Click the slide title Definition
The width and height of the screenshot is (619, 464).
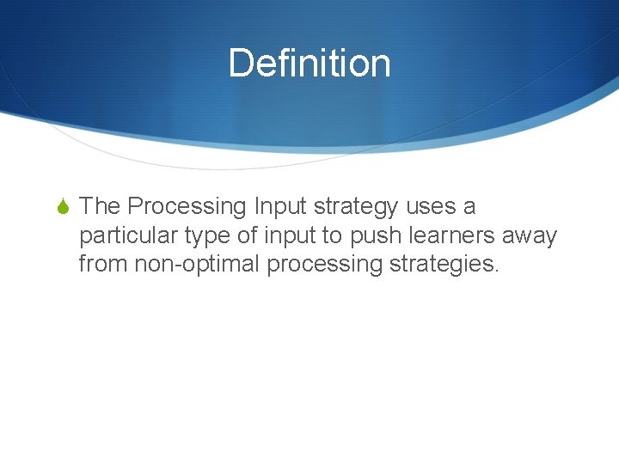[x=309, y=64]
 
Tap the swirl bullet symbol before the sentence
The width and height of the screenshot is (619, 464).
[x=64, y=207]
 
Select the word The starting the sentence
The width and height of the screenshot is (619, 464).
[x=100, y=207]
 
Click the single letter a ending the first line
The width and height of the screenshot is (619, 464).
[x=469, y=207]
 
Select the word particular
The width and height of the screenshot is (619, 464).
[x=128, y=235]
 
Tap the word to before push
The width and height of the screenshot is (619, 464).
[x=332, y=235]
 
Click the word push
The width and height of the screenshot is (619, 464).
[x=371, y=235]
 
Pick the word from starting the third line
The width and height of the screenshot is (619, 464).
[x=103, y=264]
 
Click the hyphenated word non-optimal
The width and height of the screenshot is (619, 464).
[x=197, y=264]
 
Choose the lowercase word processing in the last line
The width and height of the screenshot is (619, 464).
[x=324, y=264]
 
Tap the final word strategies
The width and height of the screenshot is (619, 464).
[x=444, y=264]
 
